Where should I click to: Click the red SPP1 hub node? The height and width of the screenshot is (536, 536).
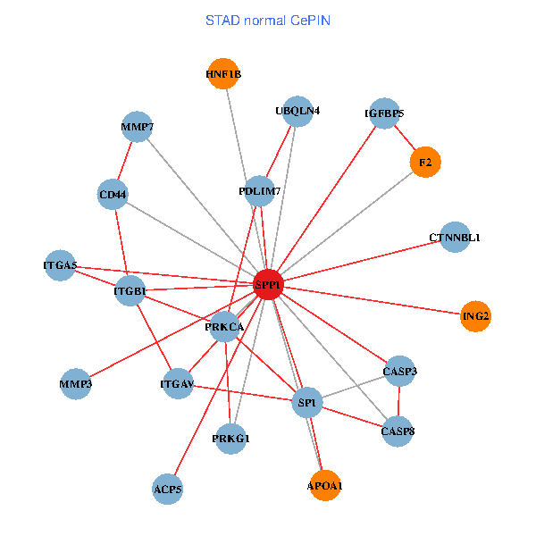coord(268,284)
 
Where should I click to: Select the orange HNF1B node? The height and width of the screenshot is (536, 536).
coord(222,74)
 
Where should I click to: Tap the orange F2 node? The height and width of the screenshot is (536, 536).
coord(425,162)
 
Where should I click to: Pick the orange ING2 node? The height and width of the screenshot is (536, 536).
coord(476,316)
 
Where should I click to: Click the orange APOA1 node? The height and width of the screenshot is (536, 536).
coord(324,486)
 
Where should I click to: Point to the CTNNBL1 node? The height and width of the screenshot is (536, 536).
coord(455,238)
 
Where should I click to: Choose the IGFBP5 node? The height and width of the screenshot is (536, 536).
coord(384,113)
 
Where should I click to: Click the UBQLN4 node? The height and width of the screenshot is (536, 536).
coord(297,112)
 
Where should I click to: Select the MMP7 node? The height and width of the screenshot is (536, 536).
coord(137,127)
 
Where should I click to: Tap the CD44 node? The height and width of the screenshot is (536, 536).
coord(113,194)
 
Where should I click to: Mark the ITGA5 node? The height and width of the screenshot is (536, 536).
coord(60,265)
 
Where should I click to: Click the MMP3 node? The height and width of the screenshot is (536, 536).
coord(76,385)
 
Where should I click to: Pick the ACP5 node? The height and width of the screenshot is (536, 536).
coord(168,489)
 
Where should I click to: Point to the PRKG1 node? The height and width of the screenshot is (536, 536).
coord(231,439)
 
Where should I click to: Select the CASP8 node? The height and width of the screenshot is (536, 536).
coord(398,431)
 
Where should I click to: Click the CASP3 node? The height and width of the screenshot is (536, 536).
coord(400,371)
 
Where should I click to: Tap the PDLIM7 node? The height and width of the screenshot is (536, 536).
coord(260,190)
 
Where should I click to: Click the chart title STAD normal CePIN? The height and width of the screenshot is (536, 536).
coord(268,20)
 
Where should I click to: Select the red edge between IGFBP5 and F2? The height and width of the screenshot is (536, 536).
coord(405,138)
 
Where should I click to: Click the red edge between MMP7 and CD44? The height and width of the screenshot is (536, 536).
coord(125,160)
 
